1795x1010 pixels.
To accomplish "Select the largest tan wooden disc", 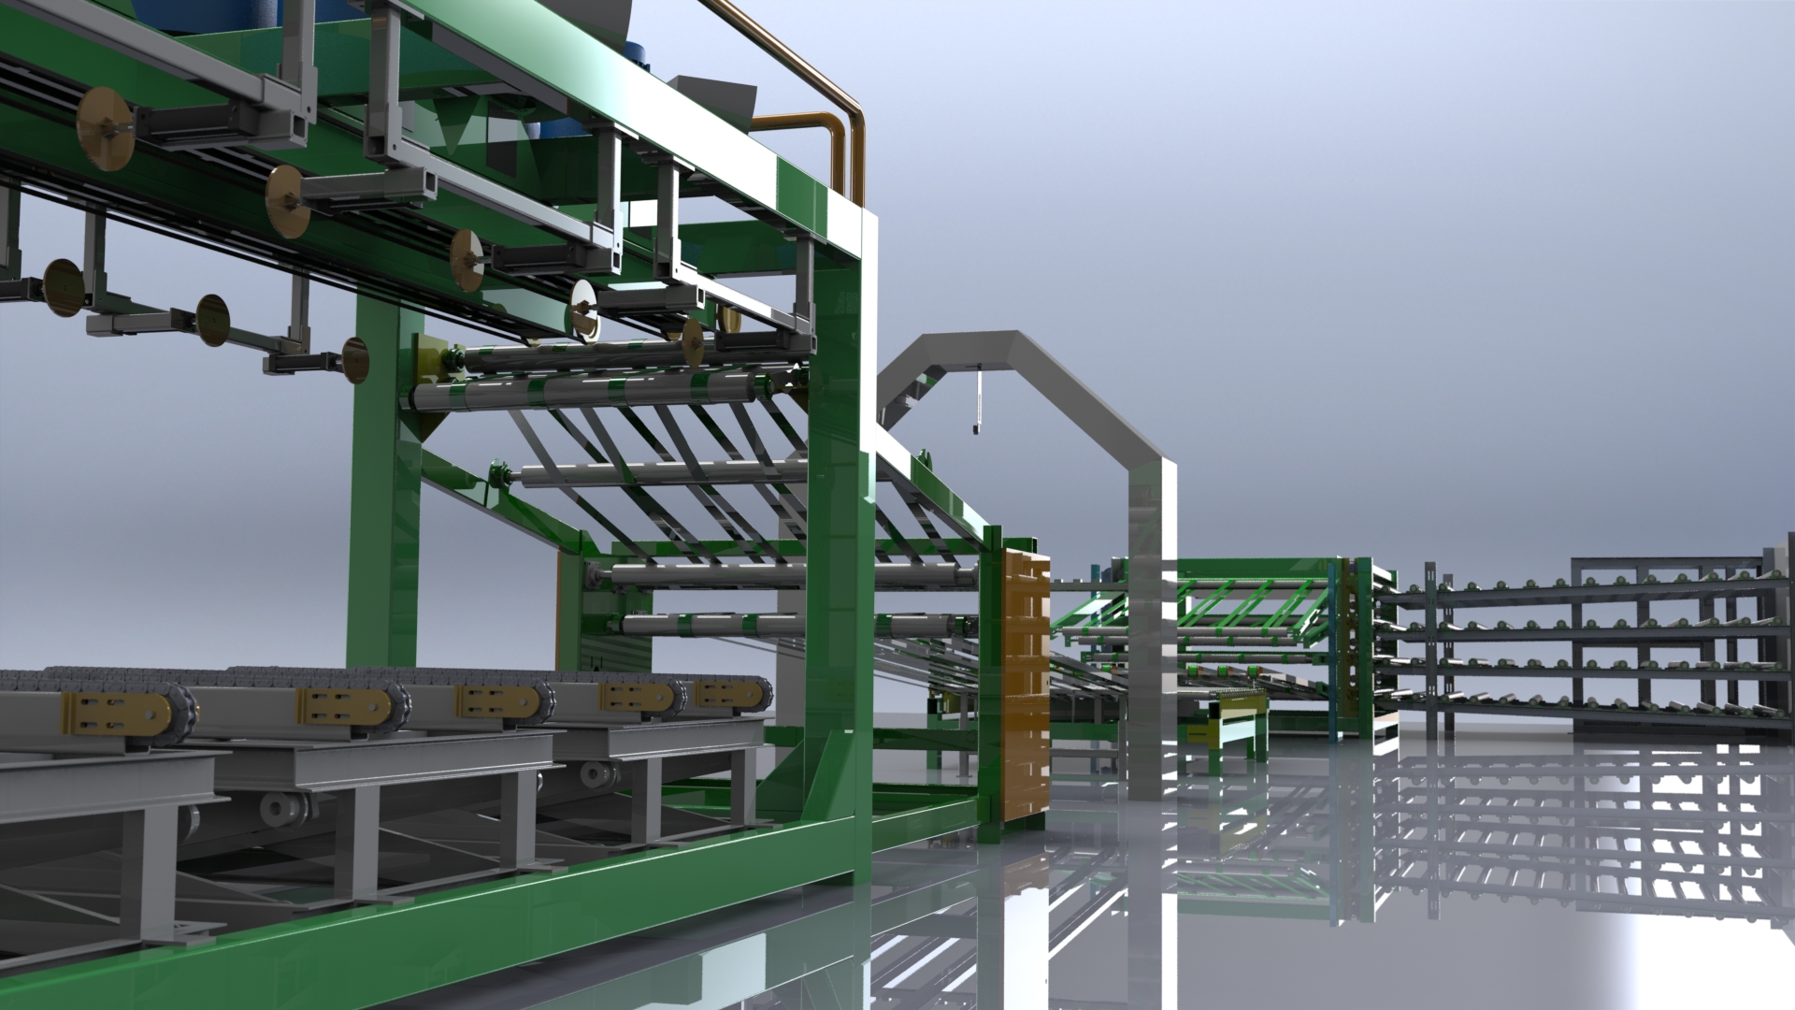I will (x=105, y=130).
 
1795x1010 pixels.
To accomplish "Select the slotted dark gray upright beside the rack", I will (x=1431, y=645).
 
